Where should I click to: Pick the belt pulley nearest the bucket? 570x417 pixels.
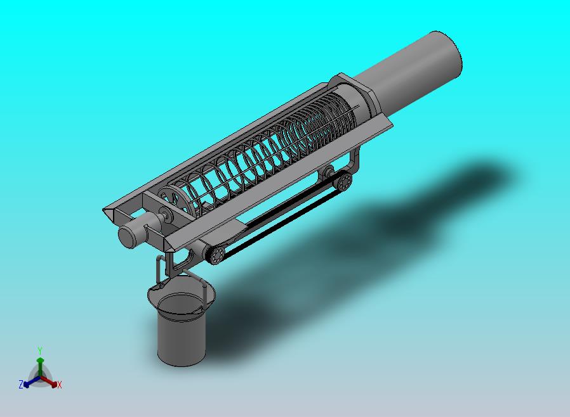216,254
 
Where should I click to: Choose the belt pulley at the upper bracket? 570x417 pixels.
343,181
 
